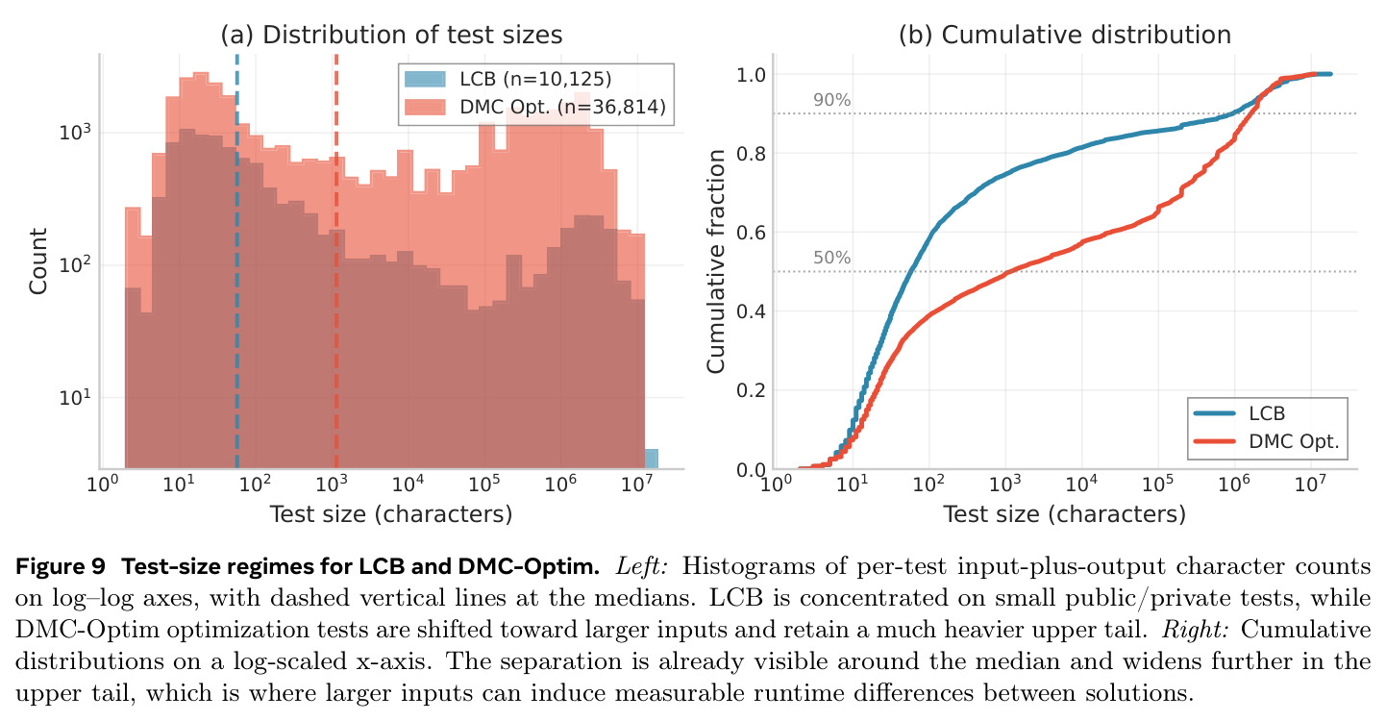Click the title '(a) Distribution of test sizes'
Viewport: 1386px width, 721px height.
tap(391, 35)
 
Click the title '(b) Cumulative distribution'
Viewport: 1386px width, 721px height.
tap(1065, 35)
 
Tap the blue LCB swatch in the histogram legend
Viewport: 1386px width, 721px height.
tap(425, 79)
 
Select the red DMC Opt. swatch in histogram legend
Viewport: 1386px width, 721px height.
tap(425, 107)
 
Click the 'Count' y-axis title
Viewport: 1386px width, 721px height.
tap(38, 261)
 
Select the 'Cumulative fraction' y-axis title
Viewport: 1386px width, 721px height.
tap(715, 261)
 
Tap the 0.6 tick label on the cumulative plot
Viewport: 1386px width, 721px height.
tap(751, 233)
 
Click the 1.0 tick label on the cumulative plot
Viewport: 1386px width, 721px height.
tap(751, 75)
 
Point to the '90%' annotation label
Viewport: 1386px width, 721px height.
tap(831, 100)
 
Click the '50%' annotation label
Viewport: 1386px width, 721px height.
tap(831, 258)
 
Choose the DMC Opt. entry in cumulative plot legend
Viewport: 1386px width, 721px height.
tap(1266, 441)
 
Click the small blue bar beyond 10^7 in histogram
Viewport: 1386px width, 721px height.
tap(651, 459)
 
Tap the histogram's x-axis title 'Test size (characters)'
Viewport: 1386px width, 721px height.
tap(391, 513)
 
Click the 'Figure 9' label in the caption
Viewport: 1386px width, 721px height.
tap(60, 566)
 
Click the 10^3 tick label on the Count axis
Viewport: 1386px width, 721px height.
tap(75, 132)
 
